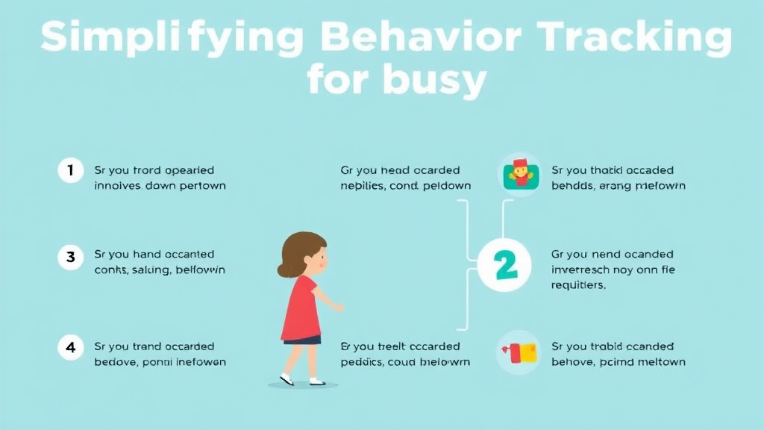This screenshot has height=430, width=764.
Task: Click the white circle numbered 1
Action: pos(70,170)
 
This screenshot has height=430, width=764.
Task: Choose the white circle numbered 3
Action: pos(70,258)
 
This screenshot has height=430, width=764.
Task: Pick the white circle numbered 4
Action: pos(70,346)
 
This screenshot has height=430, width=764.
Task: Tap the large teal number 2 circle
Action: pos(504,265)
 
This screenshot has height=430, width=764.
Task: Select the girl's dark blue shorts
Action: pos(303,340)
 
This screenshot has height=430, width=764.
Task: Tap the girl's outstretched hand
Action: pos(339,307)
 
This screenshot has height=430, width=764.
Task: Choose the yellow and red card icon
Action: pos(520,352)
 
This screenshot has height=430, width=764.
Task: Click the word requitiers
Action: pos(578,285)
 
